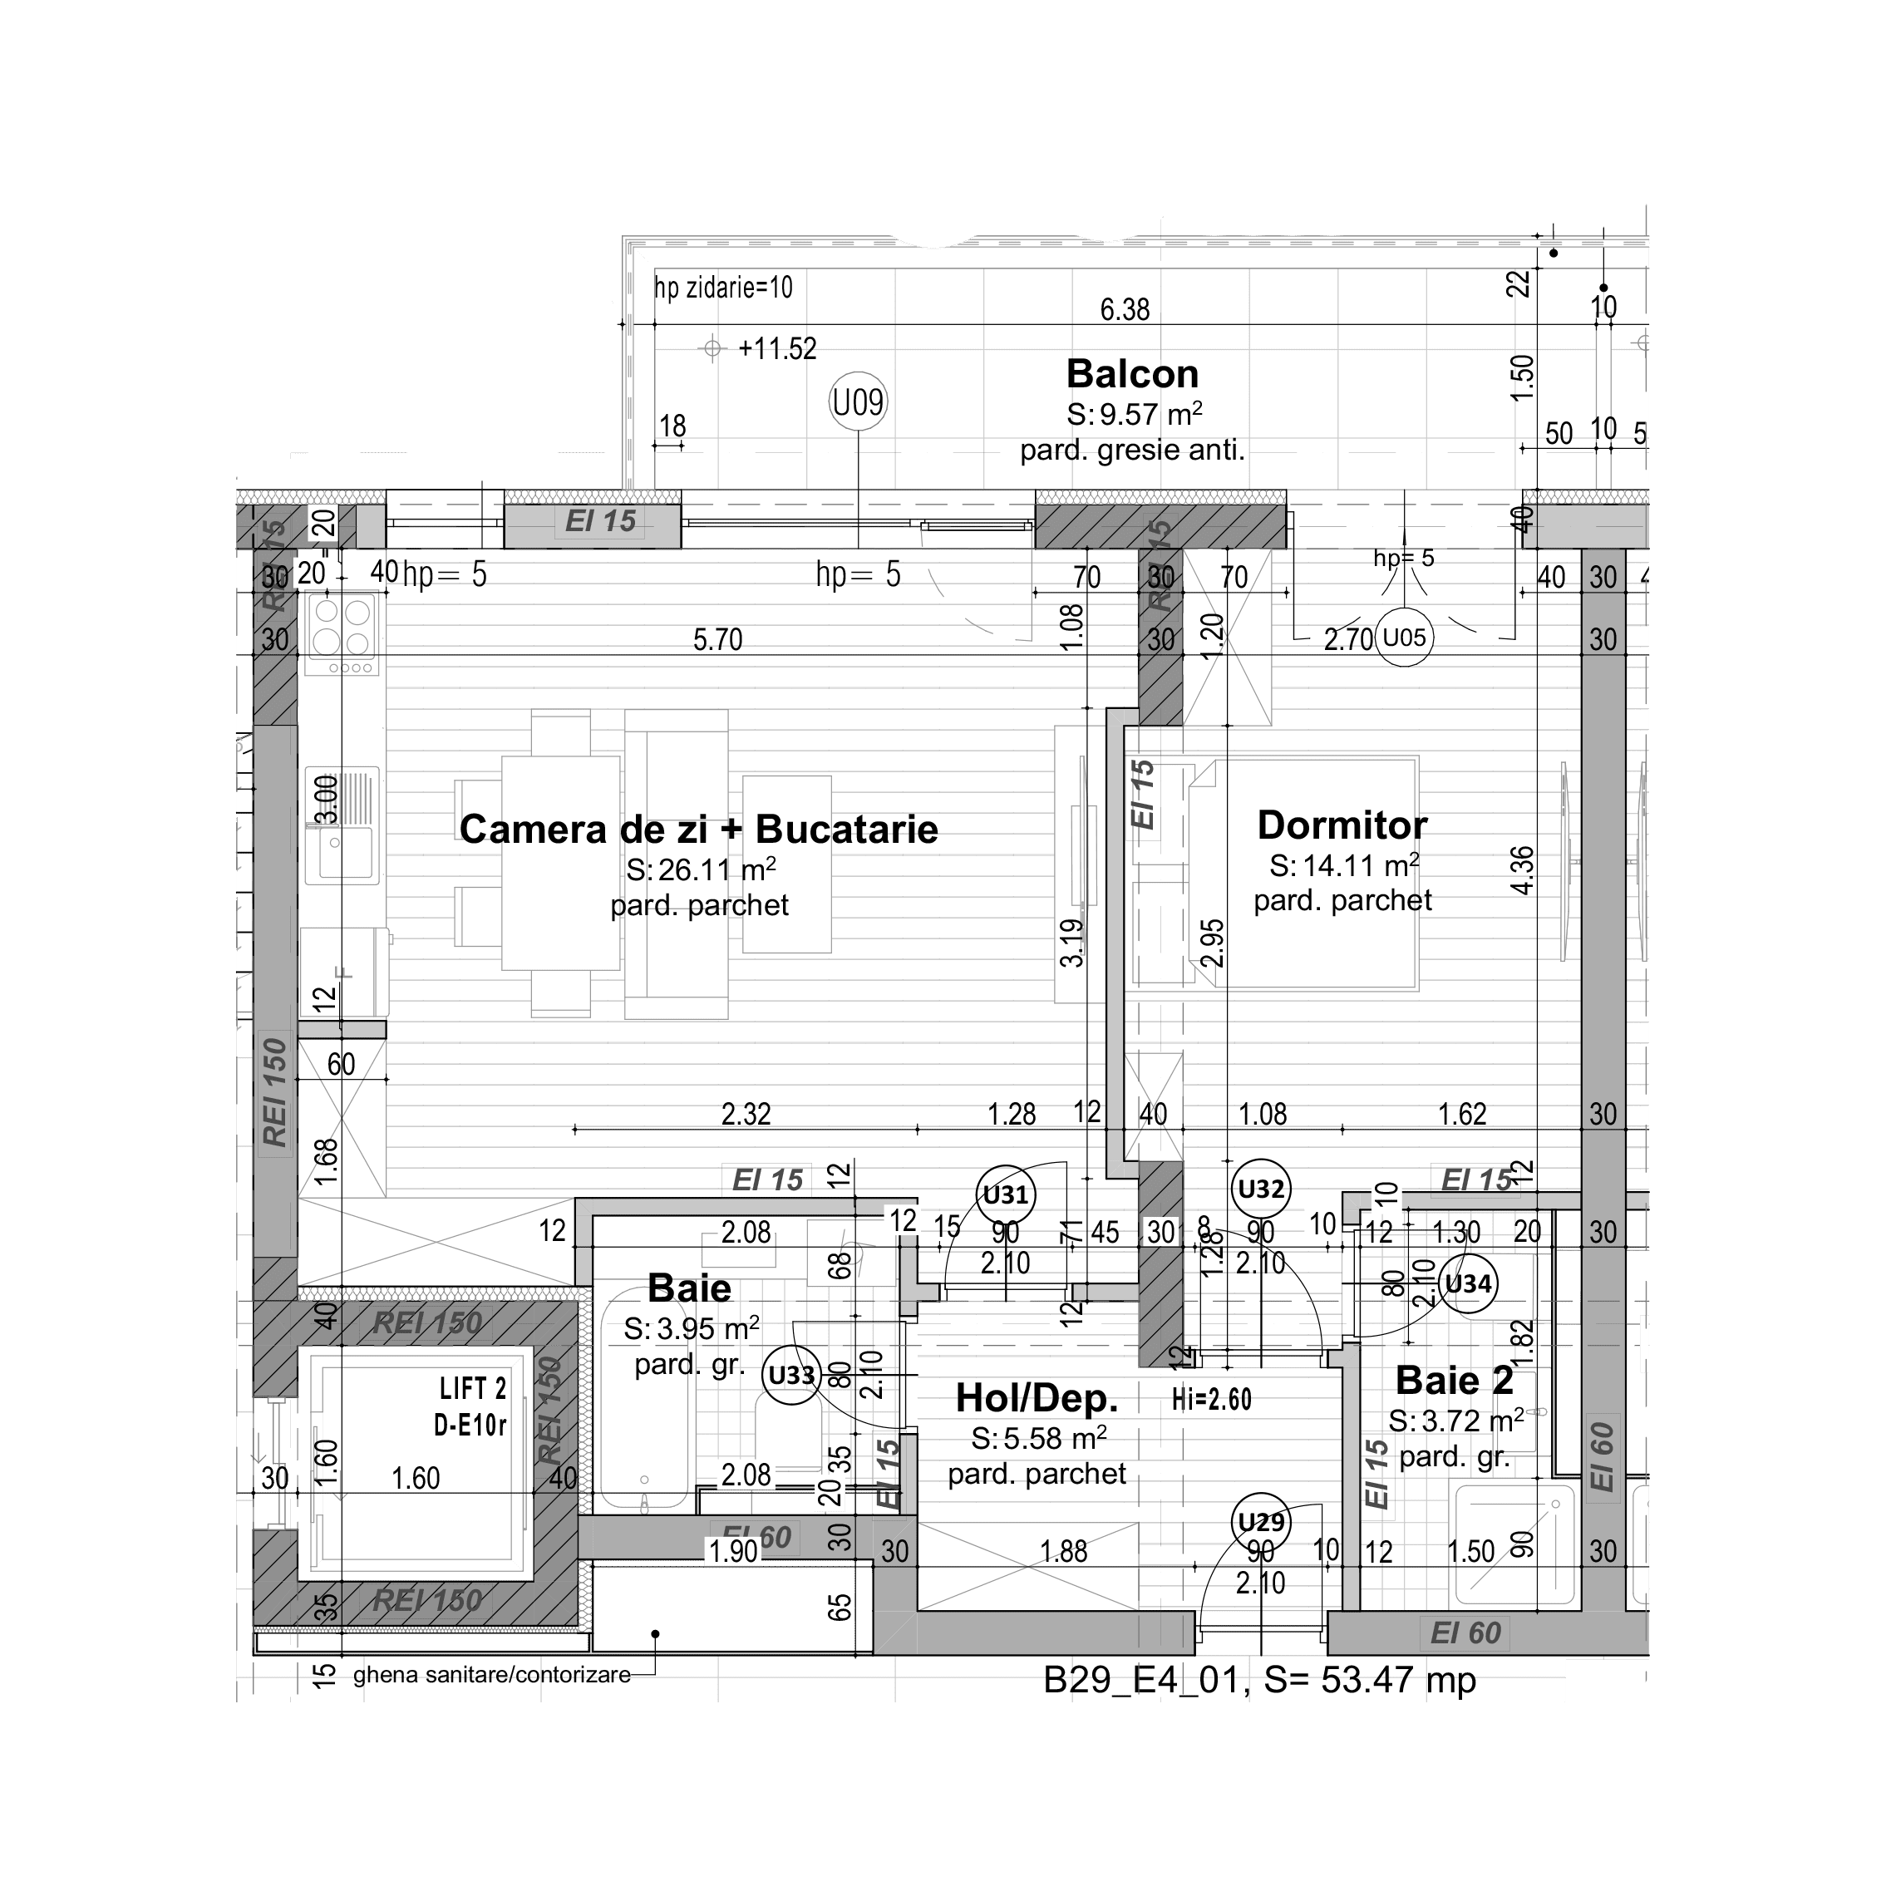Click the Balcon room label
(1131, 375)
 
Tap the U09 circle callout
(858, 402)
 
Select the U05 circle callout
(1403, 638)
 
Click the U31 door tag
(1006, 1194)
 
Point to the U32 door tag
(1260, 1189)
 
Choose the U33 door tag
(791, 1375)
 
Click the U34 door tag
(1468, 1283)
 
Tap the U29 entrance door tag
(1260, 1522)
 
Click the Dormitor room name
(1342, 825)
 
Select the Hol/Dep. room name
(1037, 1397)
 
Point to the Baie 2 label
(1454, 1381)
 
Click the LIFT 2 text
(472, 1389)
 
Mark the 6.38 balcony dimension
(1124, 310)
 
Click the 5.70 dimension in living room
(717, 640)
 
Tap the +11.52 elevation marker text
(777, 349)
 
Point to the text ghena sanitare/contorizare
(492, 1675)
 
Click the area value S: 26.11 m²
(701, 869)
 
